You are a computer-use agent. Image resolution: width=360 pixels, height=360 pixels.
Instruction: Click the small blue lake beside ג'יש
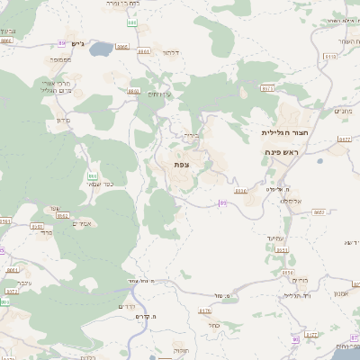[x=99, y=49]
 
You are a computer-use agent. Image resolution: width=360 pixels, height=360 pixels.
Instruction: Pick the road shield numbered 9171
[x=268, y=88]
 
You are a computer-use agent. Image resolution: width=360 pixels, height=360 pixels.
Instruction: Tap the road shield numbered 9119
[x=328, y=57]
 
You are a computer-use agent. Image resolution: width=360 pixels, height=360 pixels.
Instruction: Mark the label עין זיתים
[x=158, y=94]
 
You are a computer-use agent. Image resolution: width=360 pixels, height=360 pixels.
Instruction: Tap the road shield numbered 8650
[x=134, y=91]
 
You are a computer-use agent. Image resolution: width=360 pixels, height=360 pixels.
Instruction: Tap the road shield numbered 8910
[x=239, y=191]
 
